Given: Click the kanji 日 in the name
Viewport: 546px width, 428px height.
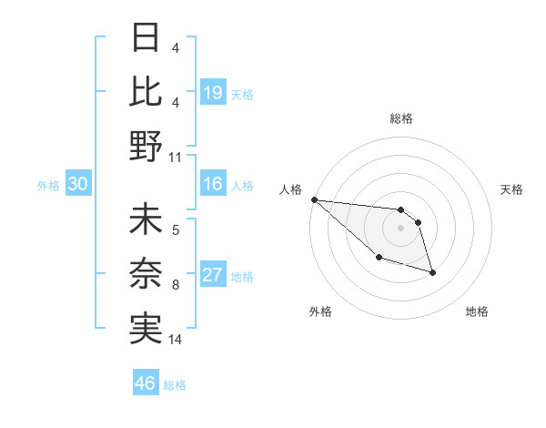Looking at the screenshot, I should (146, 39).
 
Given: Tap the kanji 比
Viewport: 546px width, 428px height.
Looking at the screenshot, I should (146, 92).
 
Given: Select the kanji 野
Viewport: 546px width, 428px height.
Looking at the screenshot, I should (146, 145).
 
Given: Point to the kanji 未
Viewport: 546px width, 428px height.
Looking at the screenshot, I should (146, 221).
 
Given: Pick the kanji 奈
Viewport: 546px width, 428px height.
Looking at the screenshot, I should (146, 274).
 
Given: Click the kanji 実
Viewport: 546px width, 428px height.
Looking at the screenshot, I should (146, 328).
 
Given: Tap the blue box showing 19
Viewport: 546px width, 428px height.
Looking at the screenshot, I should (212, 93).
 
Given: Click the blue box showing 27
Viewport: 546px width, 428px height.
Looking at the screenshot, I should (212, 276).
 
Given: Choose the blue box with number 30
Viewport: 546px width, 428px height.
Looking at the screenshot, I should (78, 185).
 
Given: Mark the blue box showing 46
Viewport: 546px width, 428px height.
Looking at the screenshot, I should (146, 383).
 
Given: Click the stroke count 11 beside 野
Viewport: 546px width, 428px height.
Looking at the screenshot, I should (176, 157).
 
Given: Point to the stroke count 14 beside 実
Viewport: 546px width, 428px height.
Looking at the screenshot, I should (176, 340).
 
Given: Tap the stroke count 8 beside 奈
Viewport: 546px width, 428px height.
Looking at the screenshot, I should (176, 285).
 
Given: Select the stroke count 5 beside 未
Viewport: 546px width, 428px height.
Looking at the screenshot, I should (176, 231).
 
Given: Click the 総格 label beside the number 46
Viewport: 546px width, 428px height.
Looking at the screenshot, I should (175, 385).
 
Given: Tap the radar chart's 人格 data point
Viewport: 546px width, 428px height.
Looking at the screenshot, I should (314, 199).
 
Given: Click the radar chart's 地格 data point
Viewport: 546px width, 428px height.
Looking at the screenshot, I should (432, 272).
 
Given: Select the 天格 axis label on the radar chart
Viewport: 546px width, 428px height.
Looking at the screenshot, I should (511, 189).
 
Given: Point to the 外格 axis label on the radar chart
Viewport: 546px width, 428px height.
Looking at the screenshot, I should (320, 311).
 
